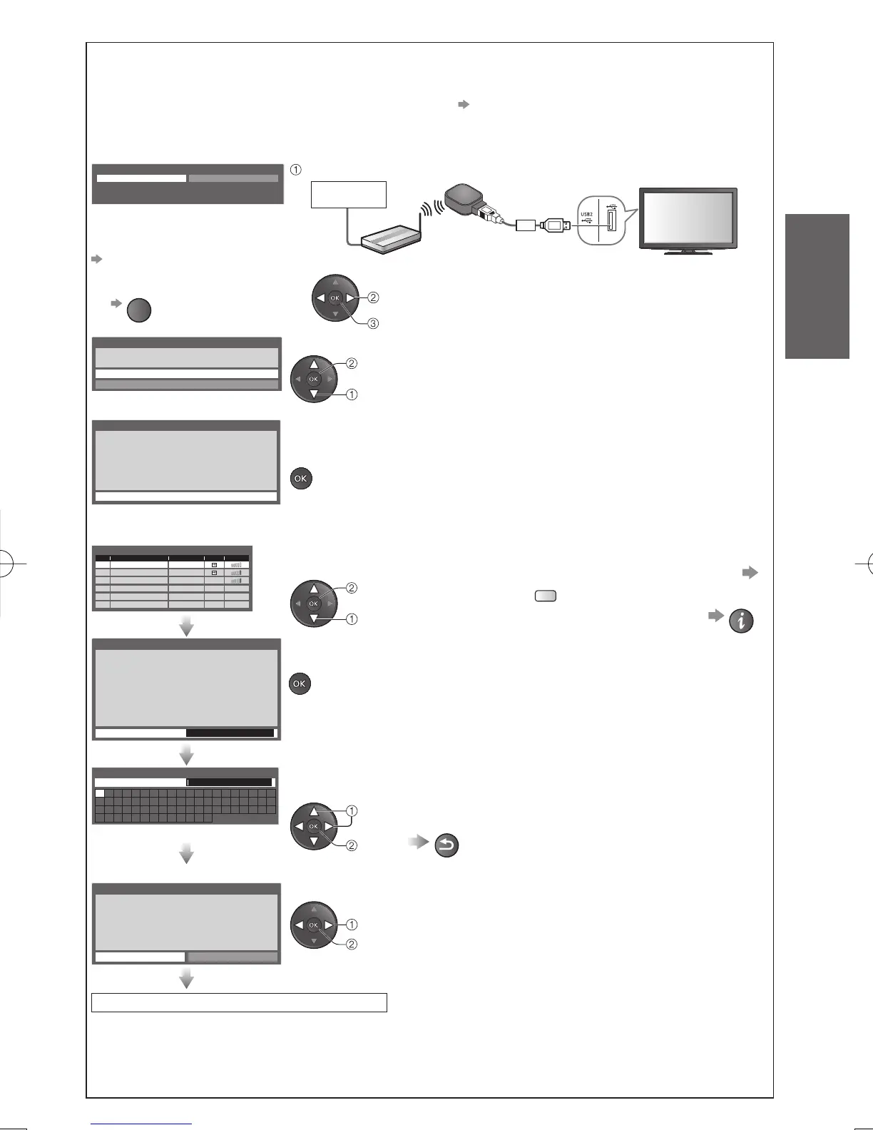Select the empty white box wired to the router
click(349, 194)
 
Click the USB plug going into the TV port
click(556, 225)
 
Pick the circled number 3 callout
click(372, 324)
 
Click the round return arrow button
click(446, 845)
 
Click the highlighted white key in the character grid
click(100, 793)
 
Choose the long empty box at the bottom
click(239, 1002)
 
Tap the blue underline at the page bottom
click(142, 1124)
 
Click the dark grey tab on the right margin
click(817, 285)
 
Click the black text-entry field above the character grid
click(229, 782)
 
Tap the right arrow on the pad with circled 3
click(350, 297)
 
